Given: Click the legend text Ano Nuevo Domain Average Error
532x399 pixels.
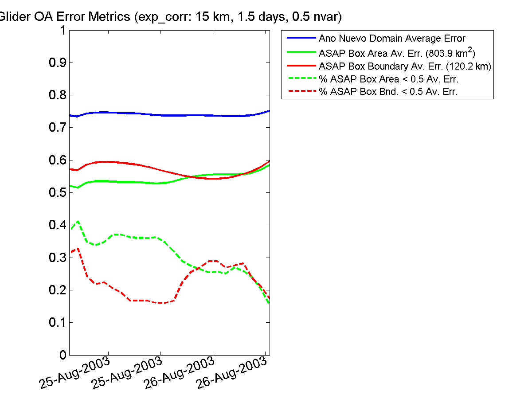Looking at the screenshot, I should [x=392, y=39].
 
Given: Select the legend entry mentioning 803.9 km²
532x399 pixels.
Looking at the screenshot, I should [x=397, y=53].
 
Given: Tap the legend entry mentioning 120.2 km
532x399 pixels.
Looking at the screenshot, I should [x=404, y=66].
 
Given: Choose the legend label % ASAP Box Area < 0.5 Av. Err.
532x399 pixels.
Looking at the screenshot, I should [x=388, y=79].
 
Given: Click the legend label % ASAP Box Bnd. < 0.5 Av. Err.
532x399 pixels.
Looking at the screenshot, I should [x=388, y=92].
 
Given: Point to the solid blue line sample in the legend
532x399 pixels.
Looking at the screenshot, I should [x=300, y=38].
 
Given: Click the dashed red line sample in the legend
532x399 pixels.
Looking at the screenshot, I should [x=300, y=92].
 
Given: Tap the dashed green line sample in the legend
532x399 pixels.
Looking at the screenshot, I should [x=300, y=79].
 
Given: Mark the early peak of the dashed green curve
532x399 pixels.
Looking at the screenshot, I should [x=78, y=221].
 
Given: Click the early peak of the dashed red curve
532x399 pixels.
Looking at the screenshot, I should [x=78, y=249].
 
